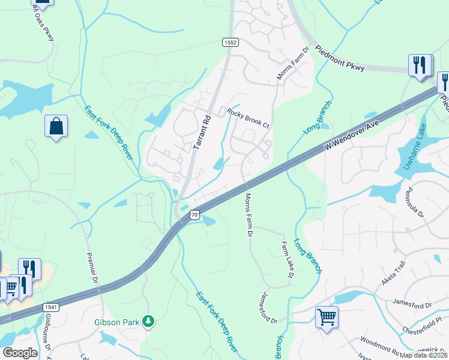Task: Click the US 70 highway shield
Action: (193, 214)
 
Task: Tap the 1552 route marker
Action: (231, 42)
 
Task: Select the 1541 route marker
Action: (52, 307)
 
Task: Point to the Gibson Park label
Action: (117, 322)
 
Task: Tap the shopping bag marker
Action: (56, 127)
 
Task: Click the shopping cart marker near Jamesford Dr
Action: (327, 316)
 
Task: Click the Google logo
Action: (20, 353)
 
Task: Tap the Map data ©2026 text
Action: (423, 355)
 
